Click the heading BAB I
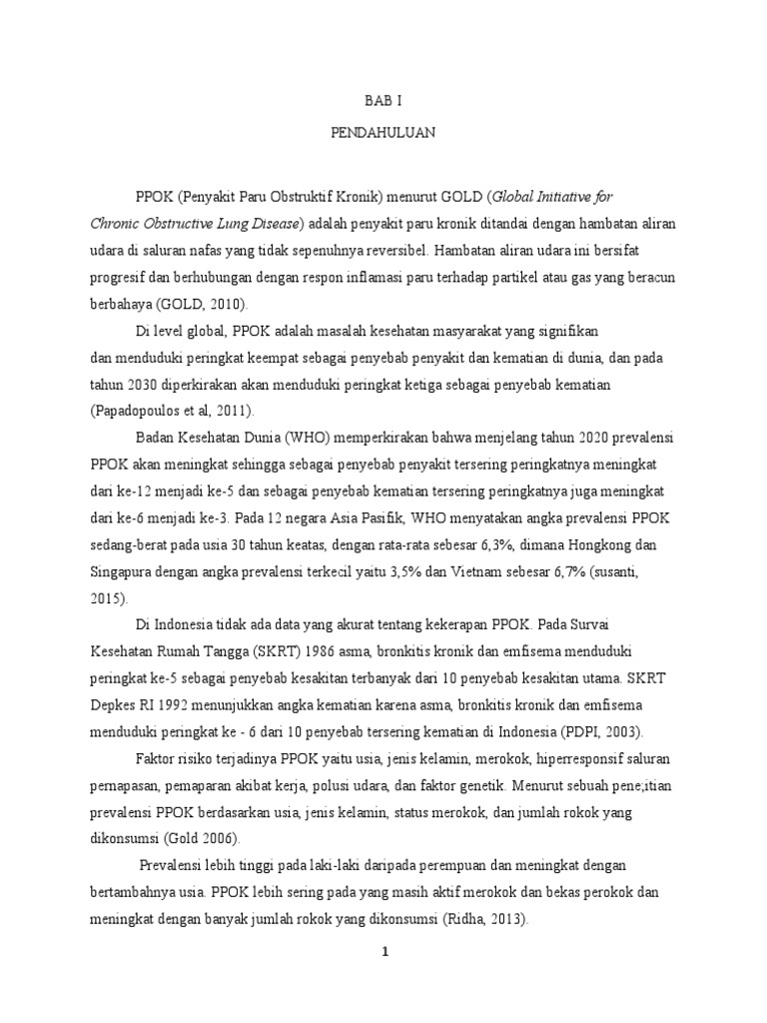click(383, 100)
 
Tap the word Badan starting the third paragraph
click(154, 438)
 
